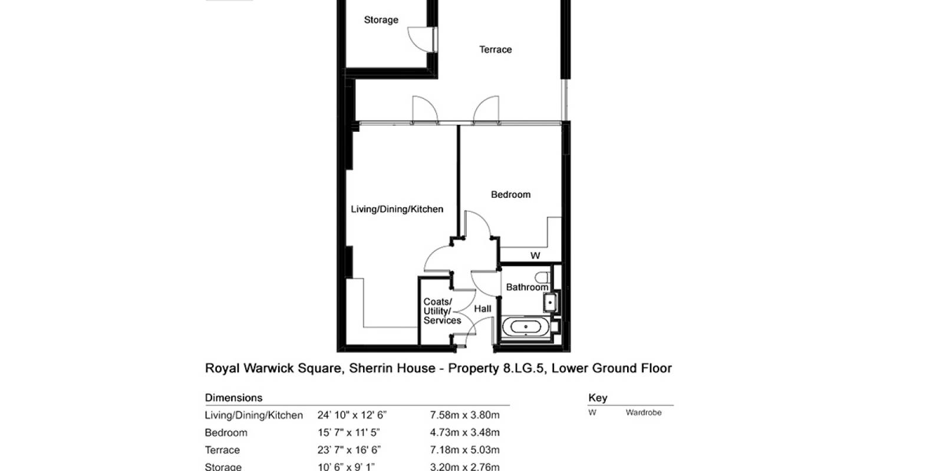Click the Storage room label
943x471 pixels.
pyautogui.click(x=381, y=20)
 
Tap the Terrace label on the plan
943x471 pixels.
pyautogui.click(x=495, y=49)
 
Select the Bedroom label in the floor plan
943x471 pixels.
pyautogui.click(x=510, y=194)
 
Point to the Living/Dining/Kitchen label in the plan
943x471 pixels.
pyautogui.click(x=397, y=209)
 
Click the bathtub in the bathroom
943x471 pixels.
pyautogui.click(x=525, y=327)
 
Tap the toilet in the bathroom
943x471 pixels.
pyautogui.click(x=543, y=277)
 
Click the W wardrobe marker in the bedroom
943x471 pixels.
pyautogui.click(x=535, y=256)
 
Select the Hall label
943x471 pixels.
pyautogui.click(x=483, y=309)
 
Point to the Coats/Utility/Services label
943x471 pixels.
pyautogui.click(x=441, y=311)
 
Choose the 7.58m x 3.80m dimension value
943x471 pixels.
pyautogui.click(x=464, y=415)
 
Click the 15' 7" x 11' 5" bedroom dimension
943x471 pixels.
pyautogui.click(x=349, y=433)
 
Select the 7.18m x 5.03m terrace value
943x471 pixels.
pyautogui.click(x=464, y=450)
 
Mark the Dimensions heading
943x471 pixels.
pyautogui.click(x=233, y=398)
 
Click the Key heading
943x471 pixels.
pyautogui.click(x=597, y=398)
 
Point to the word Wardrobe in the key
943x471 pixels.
pyautogui.click(x=643, y=413)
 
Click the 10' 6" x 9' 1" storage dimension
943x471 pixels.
pyautogui.click(x=346, y=467)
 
